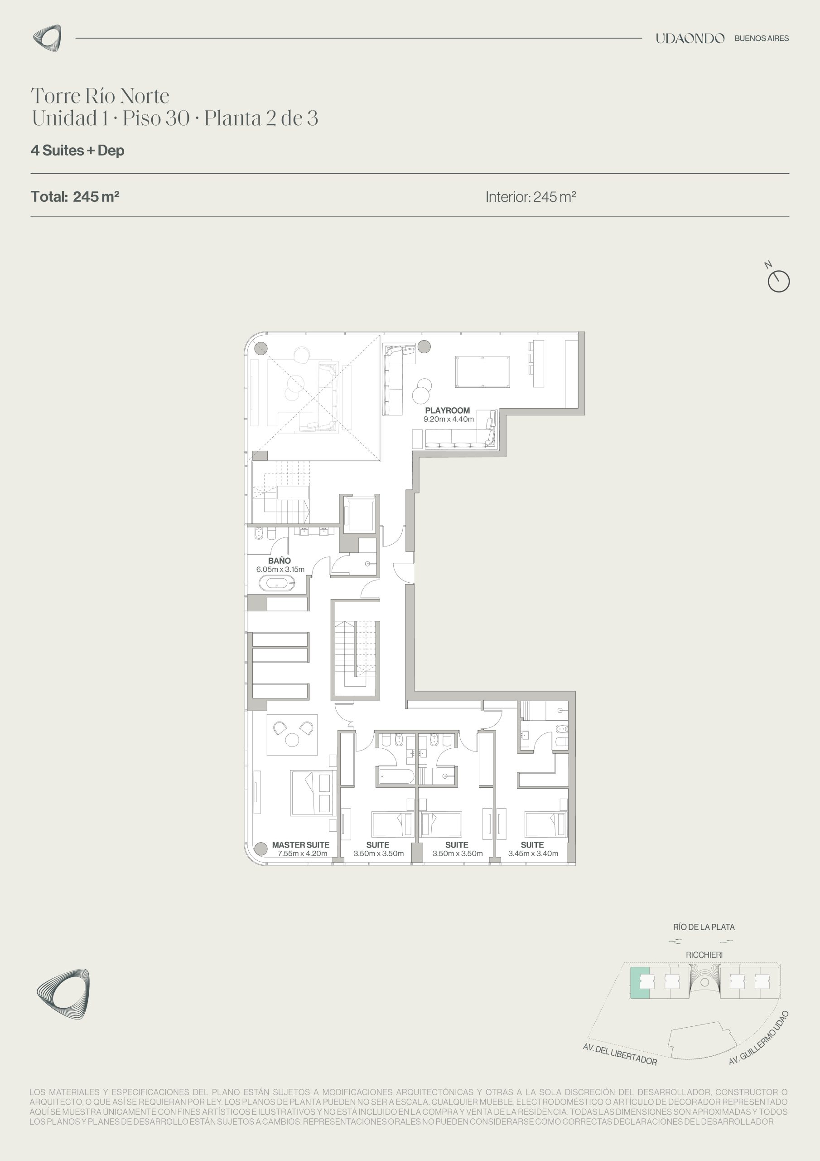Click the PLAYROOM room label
[447, 410]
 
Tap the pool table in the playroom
[482, 372]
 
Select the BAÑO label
[280, 560]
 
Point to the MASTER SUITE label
[301, 844]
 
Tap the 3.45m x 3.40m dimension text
[533, 854]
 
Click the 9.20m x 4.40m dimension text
[449, 419]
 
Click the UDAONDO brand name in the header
[690, 39]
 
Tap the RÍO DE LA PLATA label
[704, 927]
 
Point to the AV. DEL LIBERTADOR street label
[620, 1054]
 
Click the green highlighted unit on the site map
[639, 982]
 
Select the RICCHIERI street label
[704, 955]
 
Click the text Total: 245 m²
[75, 196]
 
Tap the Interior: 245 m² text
[531, 197]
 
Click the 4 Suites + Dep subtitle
[78, 150]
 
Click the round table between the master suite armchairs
[292, 740]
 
